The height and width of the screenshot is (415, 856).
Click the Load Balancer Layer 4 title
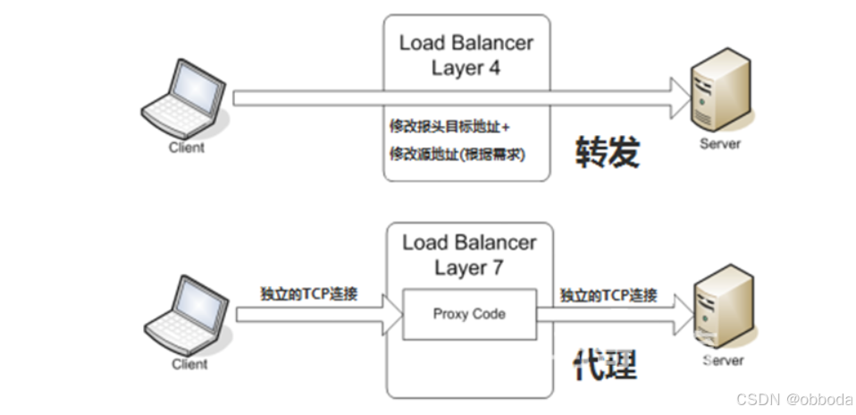pos(467,55)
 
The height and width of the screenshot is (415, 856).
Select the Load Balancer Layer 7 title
pos(469,255)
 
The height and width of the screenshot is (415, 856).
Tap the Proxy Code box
pos(469,314)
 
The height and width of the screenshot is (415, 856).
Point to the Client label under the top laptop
pos(186,148)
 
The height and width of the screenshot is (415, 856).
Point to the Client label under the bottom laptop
pos(189,364)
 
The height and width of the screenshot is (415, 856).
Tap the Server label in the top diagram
pos(721,143)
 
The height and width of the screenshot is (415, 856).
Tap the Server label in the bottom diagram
pos(722,360)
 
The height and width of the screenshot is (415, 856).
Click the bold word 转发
pos(608,153)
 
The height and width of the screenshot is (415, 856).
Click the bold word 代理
pos(605,365)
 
